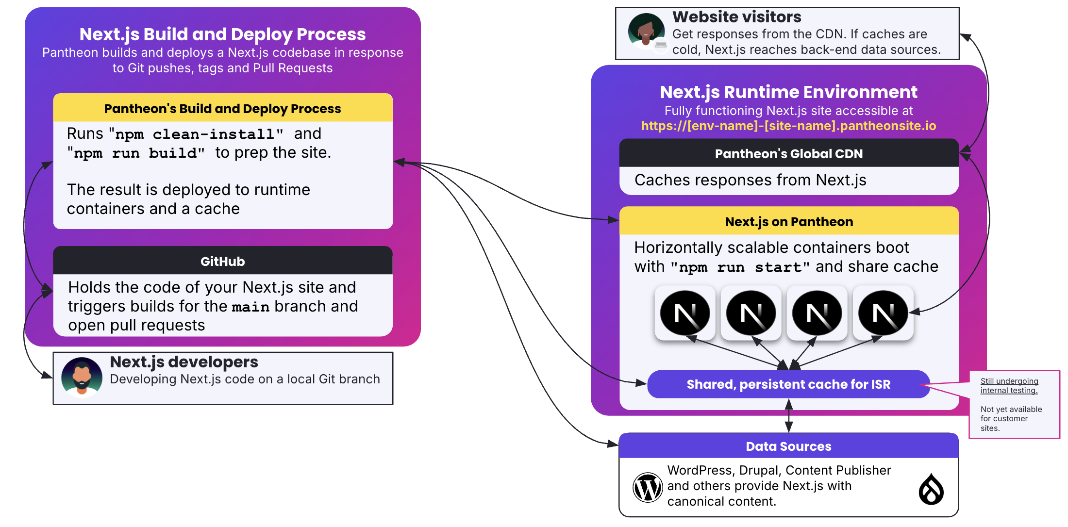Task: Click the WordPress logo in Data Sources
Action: [x=648, y=488]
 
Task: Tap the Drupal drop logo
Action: [x=931, y=489]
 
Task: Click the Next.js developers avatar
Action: [x=82, y=377]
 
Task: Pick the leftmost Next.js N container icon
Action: [x=685, y=313]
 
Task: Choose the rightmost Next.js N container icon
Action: [x=883, y=313]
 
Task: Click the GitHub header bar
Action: [x=223, y=261]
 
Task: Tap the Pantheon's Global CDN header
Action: [x=789, y=153]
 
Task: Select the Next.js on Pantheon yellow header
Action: [x=789, y=221]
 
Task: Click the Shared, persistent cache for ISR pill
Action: [x=788, y=384]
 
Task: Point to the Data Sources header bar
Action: [x=788, y=446]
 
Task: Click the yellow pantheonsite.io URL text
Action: [x=788, y=126]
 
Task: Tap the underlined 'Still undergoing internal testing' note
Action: [x=1009, y=386]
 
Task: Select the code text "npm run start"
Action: [x=740, y=267]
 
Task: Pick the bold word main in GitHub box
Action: [x=250, y=307]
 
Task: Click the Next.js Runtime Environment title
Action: [x=788, y=92]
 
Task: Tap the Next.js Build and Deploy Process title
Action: [x=222, y=34]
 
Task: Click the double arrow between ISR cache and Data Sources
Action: [x=789, y=415]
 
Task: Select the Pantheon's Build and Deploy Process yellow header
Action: [x=223, y=108]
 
